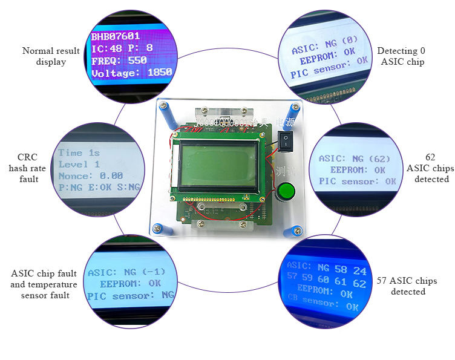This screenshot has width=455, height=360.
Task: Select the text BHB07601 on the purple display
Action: pyautogui.click(x=116, y=36)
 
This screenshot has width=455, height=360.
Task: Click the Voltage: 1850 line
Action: pyautogui.click(x=131, y=73)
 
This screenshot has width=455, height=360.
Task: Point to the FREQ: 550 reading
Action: pyautogui.click(x=119, y=61)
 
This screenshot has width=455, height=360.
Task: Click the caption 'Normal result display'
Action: pyautogui.click(x=51, y=56)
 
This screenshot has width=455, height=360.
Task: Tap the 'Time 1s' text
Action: pyautogui.click(x=79, y=153)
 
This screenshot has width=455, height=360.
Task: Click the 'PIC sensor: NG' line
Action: pyautogui.click(x=130, y=296)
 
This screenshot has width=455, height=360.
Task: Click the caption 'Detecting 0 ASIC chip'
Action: pyautogui.click(x=401, y=56)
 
